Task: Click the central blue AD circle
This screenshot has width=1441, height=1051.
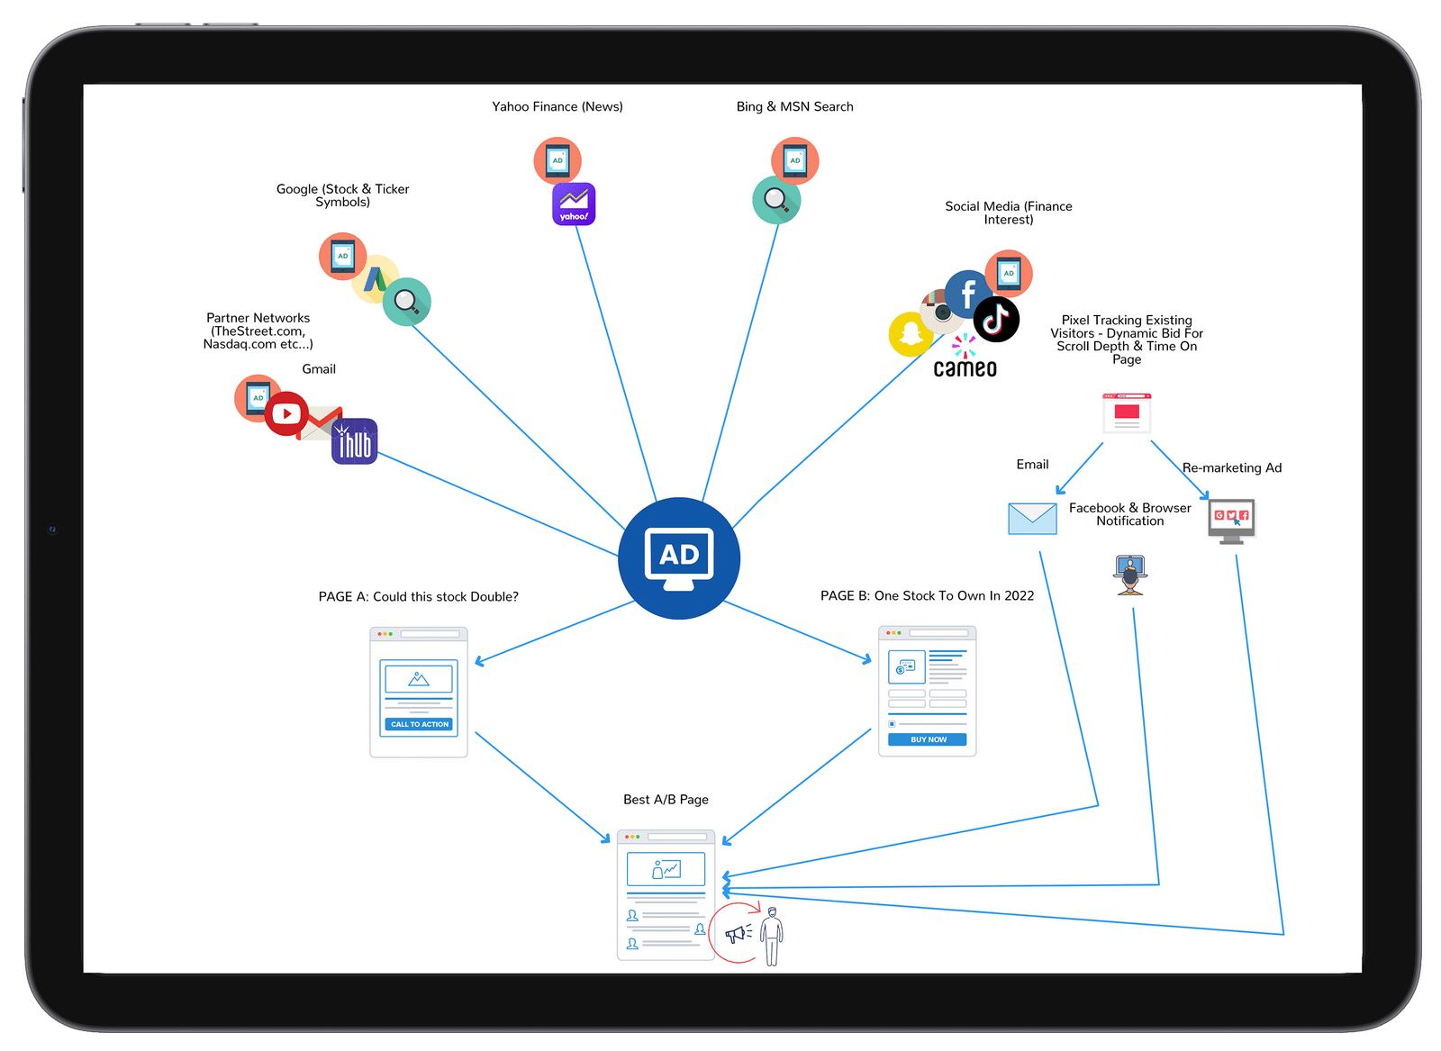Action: coord(679,558)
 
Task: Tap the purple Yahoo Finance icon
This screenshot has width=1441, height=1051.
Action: coord(574,204)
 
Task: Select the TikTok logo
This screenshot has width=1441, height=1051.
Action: coord(996,319)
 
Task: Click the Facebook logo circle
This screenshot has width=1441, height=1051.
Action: coord(967,293)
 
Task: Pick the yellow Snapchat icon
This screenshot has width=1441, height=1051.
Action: coord(911,334)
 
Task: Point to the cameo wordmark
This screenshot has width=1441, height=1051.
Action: coord(965,368)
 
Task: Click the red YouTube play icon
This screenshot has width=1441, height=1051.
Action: coord(286,414)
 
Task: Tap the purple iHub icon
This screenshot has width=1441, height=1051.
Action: coord(354,442)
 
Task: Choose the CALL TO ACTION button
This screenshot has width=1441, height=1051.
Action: coord(419,724)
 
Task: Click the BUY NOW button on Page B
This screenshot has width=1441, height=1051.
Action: coord(928,739)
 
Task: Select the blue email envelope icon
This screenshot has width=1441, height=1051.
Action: coord(1032,519)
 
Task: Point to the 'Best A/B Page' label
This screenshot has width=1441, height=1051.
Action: coord(666,800)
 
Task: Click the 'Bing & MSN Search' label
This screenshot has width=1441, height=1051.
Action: coord(794,106)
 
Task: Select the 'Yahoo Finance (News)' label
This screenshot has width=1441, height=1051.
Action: coord(557,106)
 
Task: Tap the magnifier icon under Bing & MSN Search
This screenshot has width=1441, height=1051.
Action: coord(776,200)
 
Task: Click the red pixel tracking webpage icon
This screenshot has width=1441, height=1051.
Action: coord(1127,413)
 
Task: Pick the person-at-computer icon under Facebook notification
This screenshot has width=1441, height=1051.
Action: coord(1130,575)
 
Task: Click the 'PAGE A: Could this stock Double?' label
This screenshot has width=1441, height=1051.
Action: coord(418,596)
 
